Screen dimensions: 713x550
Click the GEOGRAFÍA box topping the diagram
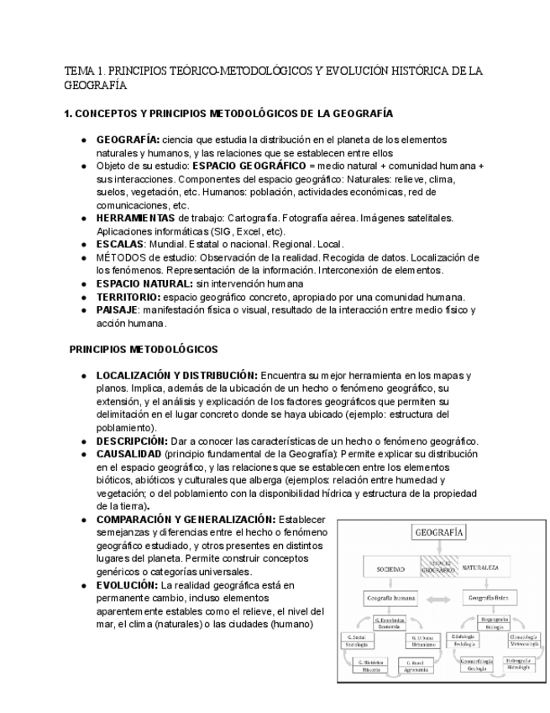[x=439, y=531]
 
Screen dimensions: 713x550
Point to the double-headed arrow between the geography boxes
[x=439, y=599]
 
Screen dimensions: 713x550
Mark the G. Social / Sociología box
[x=359, y=642]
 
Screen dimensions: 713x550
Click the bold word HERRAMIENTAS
[x=136, y=218]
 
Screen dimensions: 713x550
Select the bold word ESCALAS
[x=119, y=244]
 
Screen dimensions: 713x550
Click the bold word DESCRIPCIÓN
[x=131, y=441]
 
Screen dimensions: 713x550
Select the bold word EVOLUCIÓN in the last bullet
[x=127, y=584]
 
